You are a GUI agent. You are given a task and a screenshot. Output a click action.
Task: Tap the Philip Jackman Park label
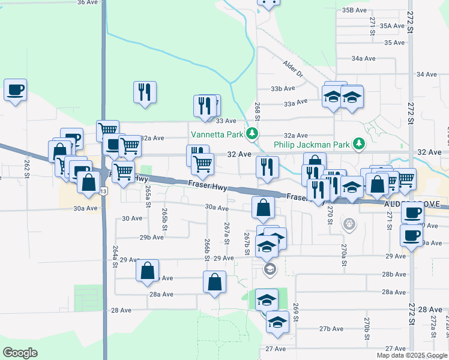point(312,145)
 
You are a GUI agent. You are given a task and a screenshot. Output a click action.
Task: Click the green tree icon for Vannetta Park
point(254,133)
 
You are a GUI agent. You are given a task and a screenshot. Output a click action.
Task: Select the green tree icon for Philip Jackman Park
point(359,143)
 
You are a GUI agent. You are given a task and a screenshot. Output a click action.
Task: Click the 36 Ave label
point(88,2)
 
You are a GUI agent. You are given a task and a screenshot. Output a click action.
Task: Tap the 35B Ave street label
point(354,10)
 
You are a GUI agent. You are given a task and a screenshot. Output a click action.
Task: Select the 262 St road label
point(27,164)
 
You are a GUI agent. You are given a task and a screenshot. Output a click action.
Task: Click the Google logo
point(21,352)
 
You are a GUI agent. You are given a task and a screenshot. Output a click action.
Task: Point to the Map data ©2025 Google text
point(411,355)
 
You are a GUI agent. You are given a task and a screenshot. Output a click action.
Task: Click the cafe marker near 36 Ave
point(15,91)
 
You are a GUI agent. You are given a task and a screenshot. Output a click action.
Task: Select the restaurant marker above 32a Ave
point(145,92)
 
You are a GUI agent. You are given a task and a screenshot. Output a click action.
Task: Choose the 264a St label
point(115,256)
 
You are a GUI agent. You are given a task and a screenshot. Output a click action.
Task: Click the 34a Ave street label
point(363,58)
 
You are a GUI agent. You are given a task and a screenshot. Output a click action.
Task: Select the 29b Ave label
point(152,237)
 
